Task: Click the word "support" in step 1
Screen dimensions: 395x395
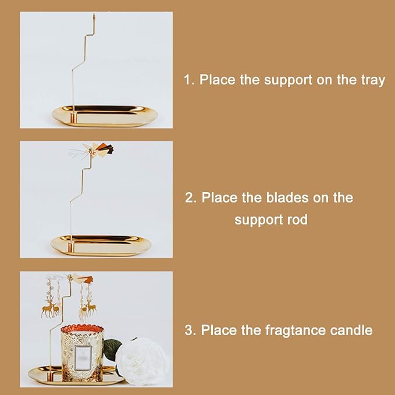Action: (287, 81)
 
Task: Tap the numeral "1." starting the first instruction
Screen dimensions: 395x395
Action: (189, 81)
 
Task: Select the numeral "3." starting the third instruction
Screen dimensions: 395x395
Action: (190, 330)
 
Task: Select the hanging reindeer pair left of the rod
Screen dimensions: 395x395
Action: (51, 307)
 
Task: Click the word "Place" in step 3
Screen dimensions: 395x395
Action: (220, 330)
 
